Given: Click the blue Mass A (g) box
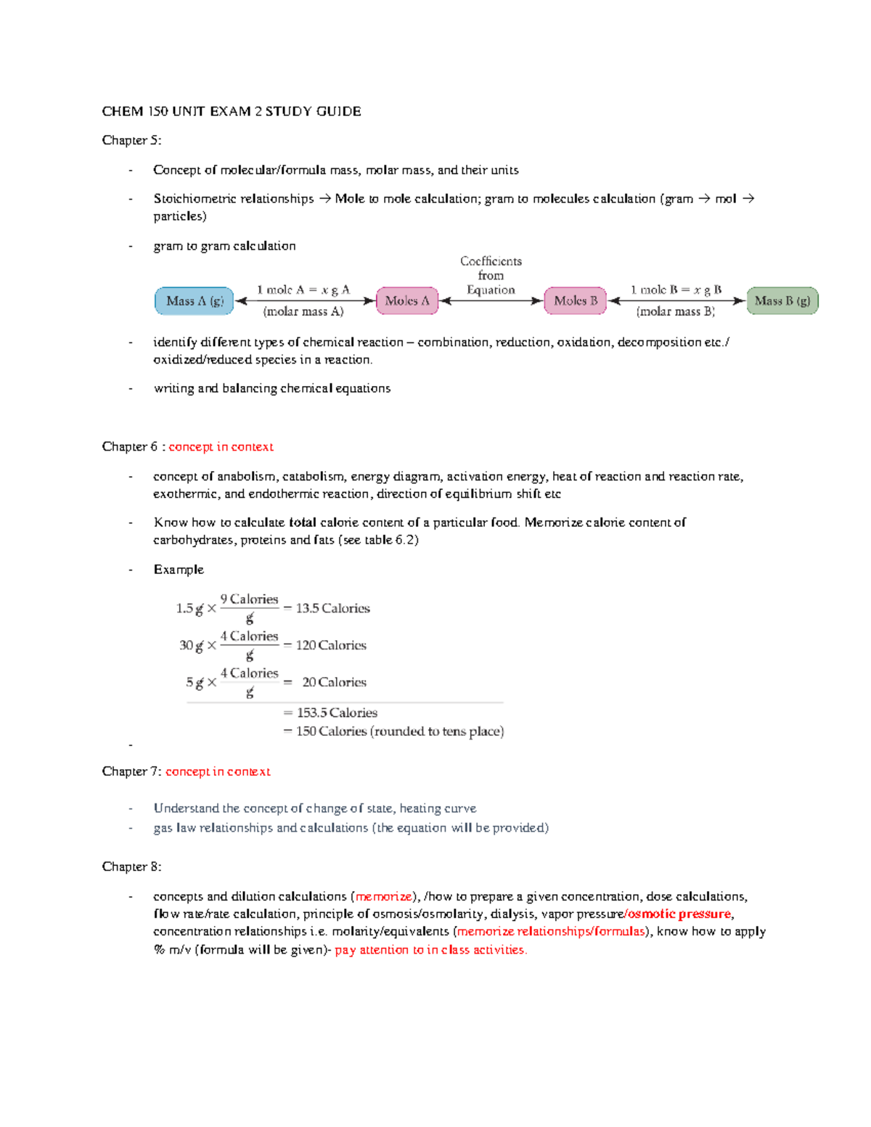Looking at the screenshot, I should tap(194, 301).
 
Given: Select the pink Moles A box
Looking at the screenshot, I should tap(407, 300).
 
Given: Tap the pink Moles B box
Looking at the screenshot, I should tap(576, 300).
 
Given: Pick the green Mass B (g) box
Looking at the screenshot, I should tap(782, 300).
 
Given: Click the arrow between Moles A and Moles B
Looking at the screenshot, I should tap(491, 301).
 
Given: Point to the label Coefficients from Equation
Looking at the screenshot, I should tap(491, 275).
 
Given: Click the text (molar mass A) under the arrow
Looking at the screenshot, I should tap(303, 312).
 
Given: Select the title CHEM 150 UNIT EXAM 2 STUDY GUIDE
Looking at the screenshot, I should tap(232, 111).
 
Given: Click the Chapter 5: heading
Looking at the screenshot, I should tap(131, 140).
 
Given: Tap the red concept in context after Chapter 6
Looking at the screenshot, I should tap(221, 447).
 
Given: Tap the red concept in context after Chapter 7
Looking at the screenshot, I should tap(218, 771).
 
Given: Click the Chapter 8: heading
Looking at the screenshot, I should tap(131, 866).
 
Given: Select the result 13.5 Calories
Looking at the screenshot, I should tap(332, 608).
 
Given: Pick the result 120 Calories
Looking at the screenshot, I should tap(331, 645).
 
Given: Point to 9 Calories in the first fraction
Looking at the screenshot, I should tap(249, 599).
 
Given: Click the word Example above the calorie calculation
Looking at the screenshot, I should tap(179, 570).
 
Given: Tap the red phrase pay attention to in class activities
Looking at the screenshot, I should tap(430, 950).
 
